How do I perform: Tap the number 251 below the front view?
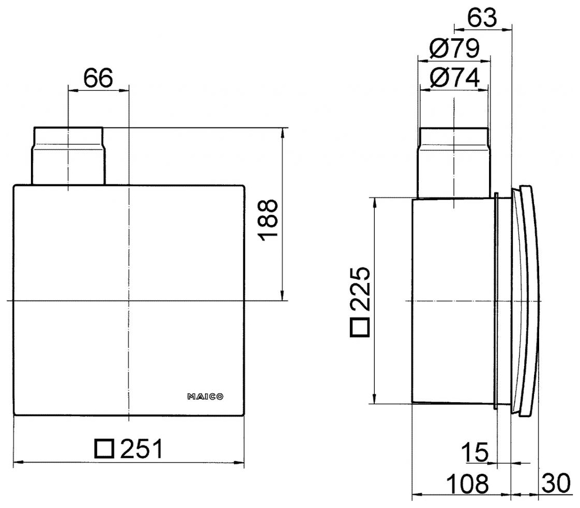click(x=141, y=449)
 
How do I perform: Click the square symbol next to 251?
click(x=104, y=449)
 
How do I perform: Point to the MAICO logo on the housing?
click(x=205, y=397)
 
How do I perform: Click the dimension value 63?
click(x=482, y=18)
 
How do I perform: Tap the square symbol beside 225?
click(x=360, y=327)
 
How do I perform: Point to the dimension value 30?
click(x=556, y=484)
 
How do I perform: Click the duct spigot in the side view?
click(x=453, y=162)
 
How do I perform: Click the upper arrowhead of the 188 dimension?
click(x=282, y=131)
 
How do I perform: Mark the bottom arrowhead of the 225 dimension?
click(x=374, y=400)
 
